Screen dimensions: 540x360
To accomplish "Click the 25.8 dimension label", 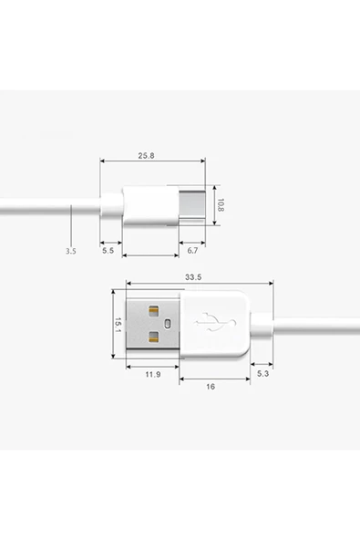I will pyautogui.click(x=146, y=156).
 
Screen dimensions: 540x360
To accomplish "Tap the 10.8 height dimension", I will pyautogui.click(x=221, y=205).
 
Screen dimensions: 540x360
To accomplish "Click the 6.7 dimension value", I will pyautogui.click(x=192, y=249).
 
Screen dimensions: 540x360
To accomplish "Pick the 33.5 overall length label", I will pyautogui.click(x=192, y=276).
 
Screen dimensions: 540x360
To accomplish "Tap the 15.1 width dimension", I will pyautogui.click(x=118, y=324).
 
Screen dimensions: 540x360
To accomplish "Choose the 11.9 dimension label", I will pyautogui.click(x=153, y=374).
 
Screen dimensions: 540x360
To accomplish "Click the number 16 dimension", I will pyautogui.click(x=211, y=386).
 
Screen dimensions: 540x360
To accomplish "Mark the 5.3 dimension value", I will pyautogui.click(x=262, y=374).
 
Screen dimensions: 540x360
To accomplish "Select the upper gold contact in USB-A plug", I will pyautogui.click(x=153, y=309).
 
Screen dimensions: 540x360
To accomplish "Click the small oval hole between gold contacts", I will pyautogui.click(x=166, y=324).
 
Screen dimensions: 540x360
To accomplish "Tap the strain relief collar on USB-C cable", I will pyautogui.click(x=110, y=205).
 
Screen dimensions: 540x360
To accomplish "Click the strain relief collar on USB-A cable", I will pyautogui.click(x=262, y=325).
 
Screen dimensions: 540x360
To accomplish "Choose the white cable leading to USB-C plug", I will pyautogui.click(x=46, y=206).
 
